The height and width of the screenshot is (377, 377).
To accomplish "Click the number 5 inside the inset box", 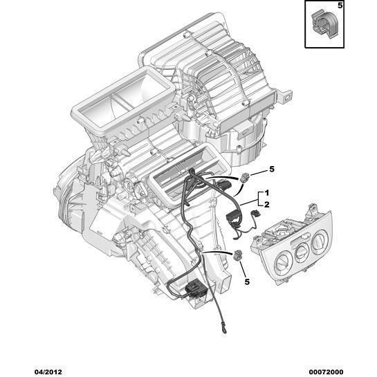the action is tap(340, 6).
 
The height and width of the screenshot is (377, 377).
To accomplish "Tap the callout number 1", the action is tap(266, 193).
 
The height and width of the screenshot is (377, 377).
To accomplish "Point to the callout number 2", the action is tap(266, 205).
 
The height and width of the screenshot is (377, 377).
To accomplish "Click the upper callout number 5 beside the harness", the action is tap(272, 169).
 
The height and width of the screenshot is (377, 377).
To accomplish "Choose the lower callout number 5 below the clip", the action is tap(247, 282).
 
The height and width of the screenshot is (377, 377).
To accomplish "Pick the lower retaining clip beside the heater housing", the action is tap(237, 255).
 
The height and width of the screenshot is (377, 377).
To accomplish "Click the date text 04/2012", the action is tap(48, 372).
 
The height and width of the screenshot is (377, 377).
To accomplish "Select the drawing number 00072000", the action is tap(326, 372).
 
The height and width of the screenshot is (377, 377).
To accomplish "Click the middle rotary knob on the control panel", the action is tap(302, 252).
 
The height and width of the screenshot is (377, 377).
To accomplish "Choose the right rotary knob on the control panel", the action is tap(319, 240).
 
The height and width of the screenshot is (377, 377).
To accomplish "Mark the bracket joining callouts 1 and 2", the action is tap(259, 199).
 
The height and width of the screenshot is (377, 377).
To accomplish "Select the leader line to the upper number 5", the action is tap(259, 173).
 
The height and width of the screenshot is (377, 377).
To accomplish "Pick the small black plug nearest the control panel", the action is tap(255, 212).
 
